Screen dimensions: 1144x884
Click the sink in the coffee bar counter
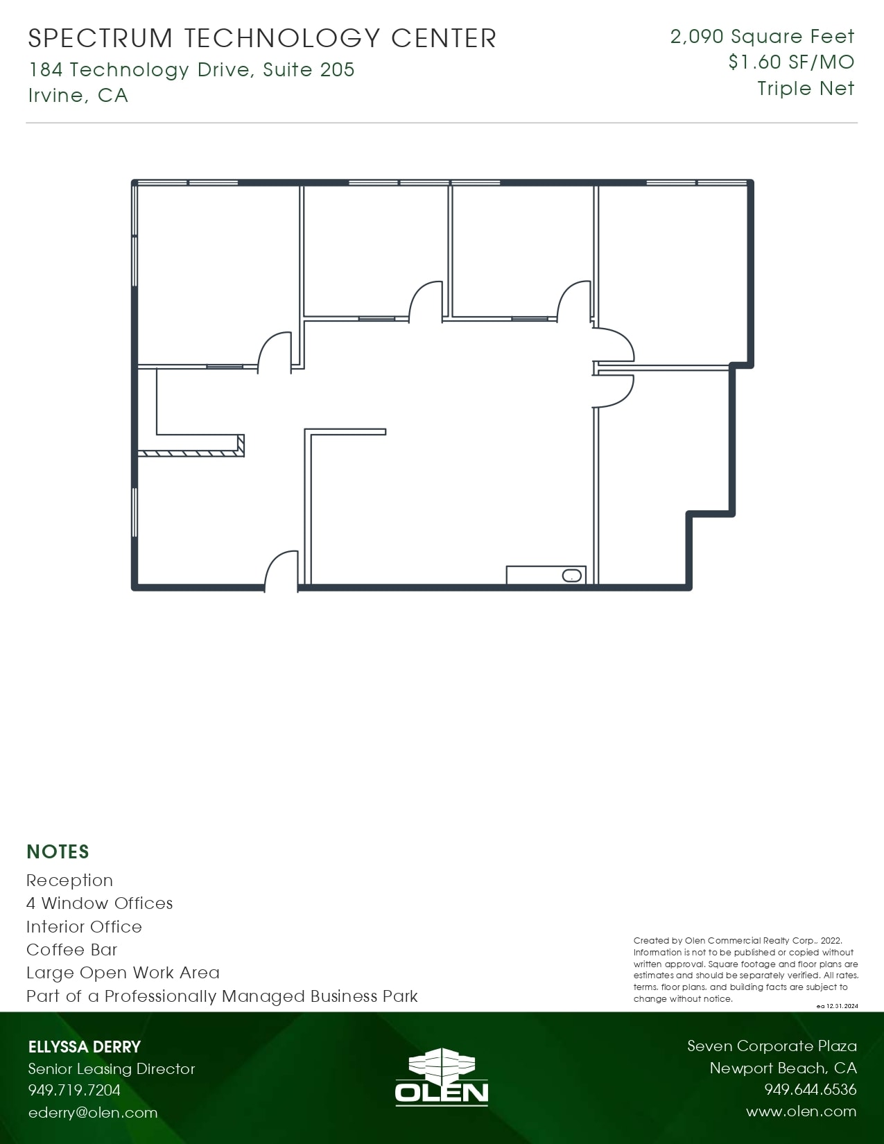coord(571,575)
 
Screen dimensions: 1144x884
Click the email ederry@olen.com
coord(93,1113)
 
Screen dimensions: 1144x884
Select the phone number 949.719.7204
coord(74,1090)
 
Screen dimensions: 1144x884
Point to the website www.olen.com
coord(801,1111)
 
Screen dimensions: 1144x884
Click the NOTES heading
coord(58,851)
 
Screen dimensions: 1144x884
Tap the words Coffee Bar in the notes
coord(72,949)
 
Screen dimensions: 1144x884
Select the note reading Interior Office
coord(84,926)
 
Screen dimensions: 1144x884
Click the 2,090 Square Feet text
coord(762,37)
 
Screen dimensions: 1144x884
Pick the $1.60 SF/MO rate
coord(791,62)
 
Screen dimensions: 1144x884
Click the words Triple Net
coord(806,89)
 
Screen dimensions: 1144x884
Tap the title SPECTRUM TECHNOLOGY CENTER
coord(262,39)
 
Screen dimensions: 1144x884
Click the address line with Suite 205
coord(191,70)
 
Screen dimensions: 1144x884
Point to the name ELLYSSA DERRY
coord(85,1047)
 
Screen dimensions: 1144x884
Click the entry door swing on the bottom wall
coord(281,570)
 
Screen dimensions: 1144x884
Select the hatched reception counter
coord(191,453)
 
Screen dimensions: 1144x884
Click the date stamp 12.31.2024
coord(842,1006)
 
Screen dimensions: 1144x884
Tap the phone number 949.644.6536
coord(810,1090)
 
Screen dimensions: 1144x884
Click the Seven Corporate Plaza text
coord(772,1046)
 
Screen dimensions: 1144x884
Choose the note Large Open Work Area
coord(123,973)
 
